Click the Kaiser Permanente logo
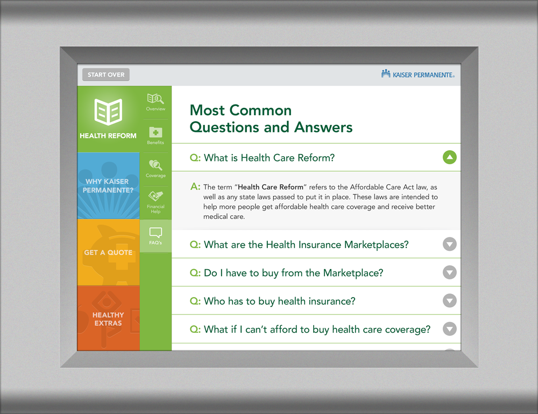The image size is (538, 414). pyautogui.click(x=417, y=74)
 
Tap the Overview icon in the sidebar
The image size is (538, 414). pyautogui.click(x=155, y=99)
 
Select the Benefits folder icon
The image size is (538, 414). pyautogui.click(x=155, y=132)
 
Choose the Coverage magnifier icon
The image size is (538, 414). pyautogui.click(x=155, y=165)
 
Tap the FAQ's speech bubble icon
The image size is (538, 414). pyautogui.click(x=155, y=233)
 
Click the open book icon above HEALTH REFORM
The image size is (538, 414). pyautogui.click(x=108, y=112)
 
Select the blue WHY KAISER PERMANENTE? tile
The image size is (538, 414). pyautogui.click(x=109, y=186)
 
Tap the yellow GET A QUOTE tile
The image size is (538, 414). pyautogui.click(x=109, y=252)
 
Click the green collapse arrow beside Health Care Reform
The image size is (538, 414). pyautogui.click(x=449, y=157)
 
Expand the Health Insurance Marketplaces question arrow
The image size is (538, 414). pyautogui.click(x=449, y=244)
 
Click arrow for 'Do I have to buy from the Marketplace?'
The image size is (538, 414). pyautogui.click(x=449, y=272)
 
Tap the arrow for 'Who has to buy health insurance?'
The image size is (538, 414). pyautogui.click(x=449, y=301)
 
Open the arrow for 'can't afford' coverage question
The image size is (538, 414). pyautogui.click(x=449, y=329)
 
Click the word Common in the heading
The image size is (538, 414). pyautogui.click(x=260, y=110)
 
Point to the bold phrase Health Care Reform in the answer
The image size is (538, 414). pyautogui.click(x=271, y=187)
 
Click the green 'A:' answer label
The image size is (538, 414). pyautogui.click(x=195, y=187)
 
